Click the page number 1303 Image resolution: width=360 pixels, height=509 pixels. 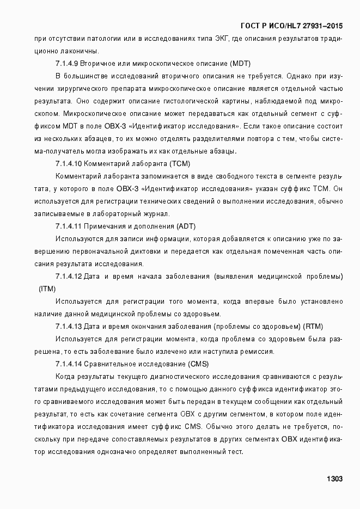pyautogui.click(x=334, y=479)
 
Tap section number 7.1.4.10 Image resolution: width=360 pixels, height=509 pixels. pyautogui.click(x=69, y=164)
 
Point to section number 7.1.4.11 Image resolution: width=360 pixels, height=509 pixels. pyautogui.click(x=69, y=226)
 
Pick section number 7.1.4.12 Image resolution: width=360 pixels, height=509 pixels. pyautogui.click(x=69, y=276)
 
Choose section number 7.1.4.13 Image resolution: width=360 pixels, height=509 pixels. pyautogui.click(x=69, y=326)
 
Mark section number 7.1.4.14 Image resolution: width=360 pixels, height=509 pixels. pyautogui.click(x=69, y=364)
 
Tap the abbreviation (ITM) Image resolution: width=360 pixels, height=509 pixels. pyautogui.click(x=47, y=289)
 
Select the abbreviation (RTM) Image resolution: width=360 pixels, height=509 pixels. pyautogui.click(x=313, y=326)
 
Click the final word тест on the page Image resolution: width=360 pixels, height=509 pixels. pyautogui.click(x=236, y=451)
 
